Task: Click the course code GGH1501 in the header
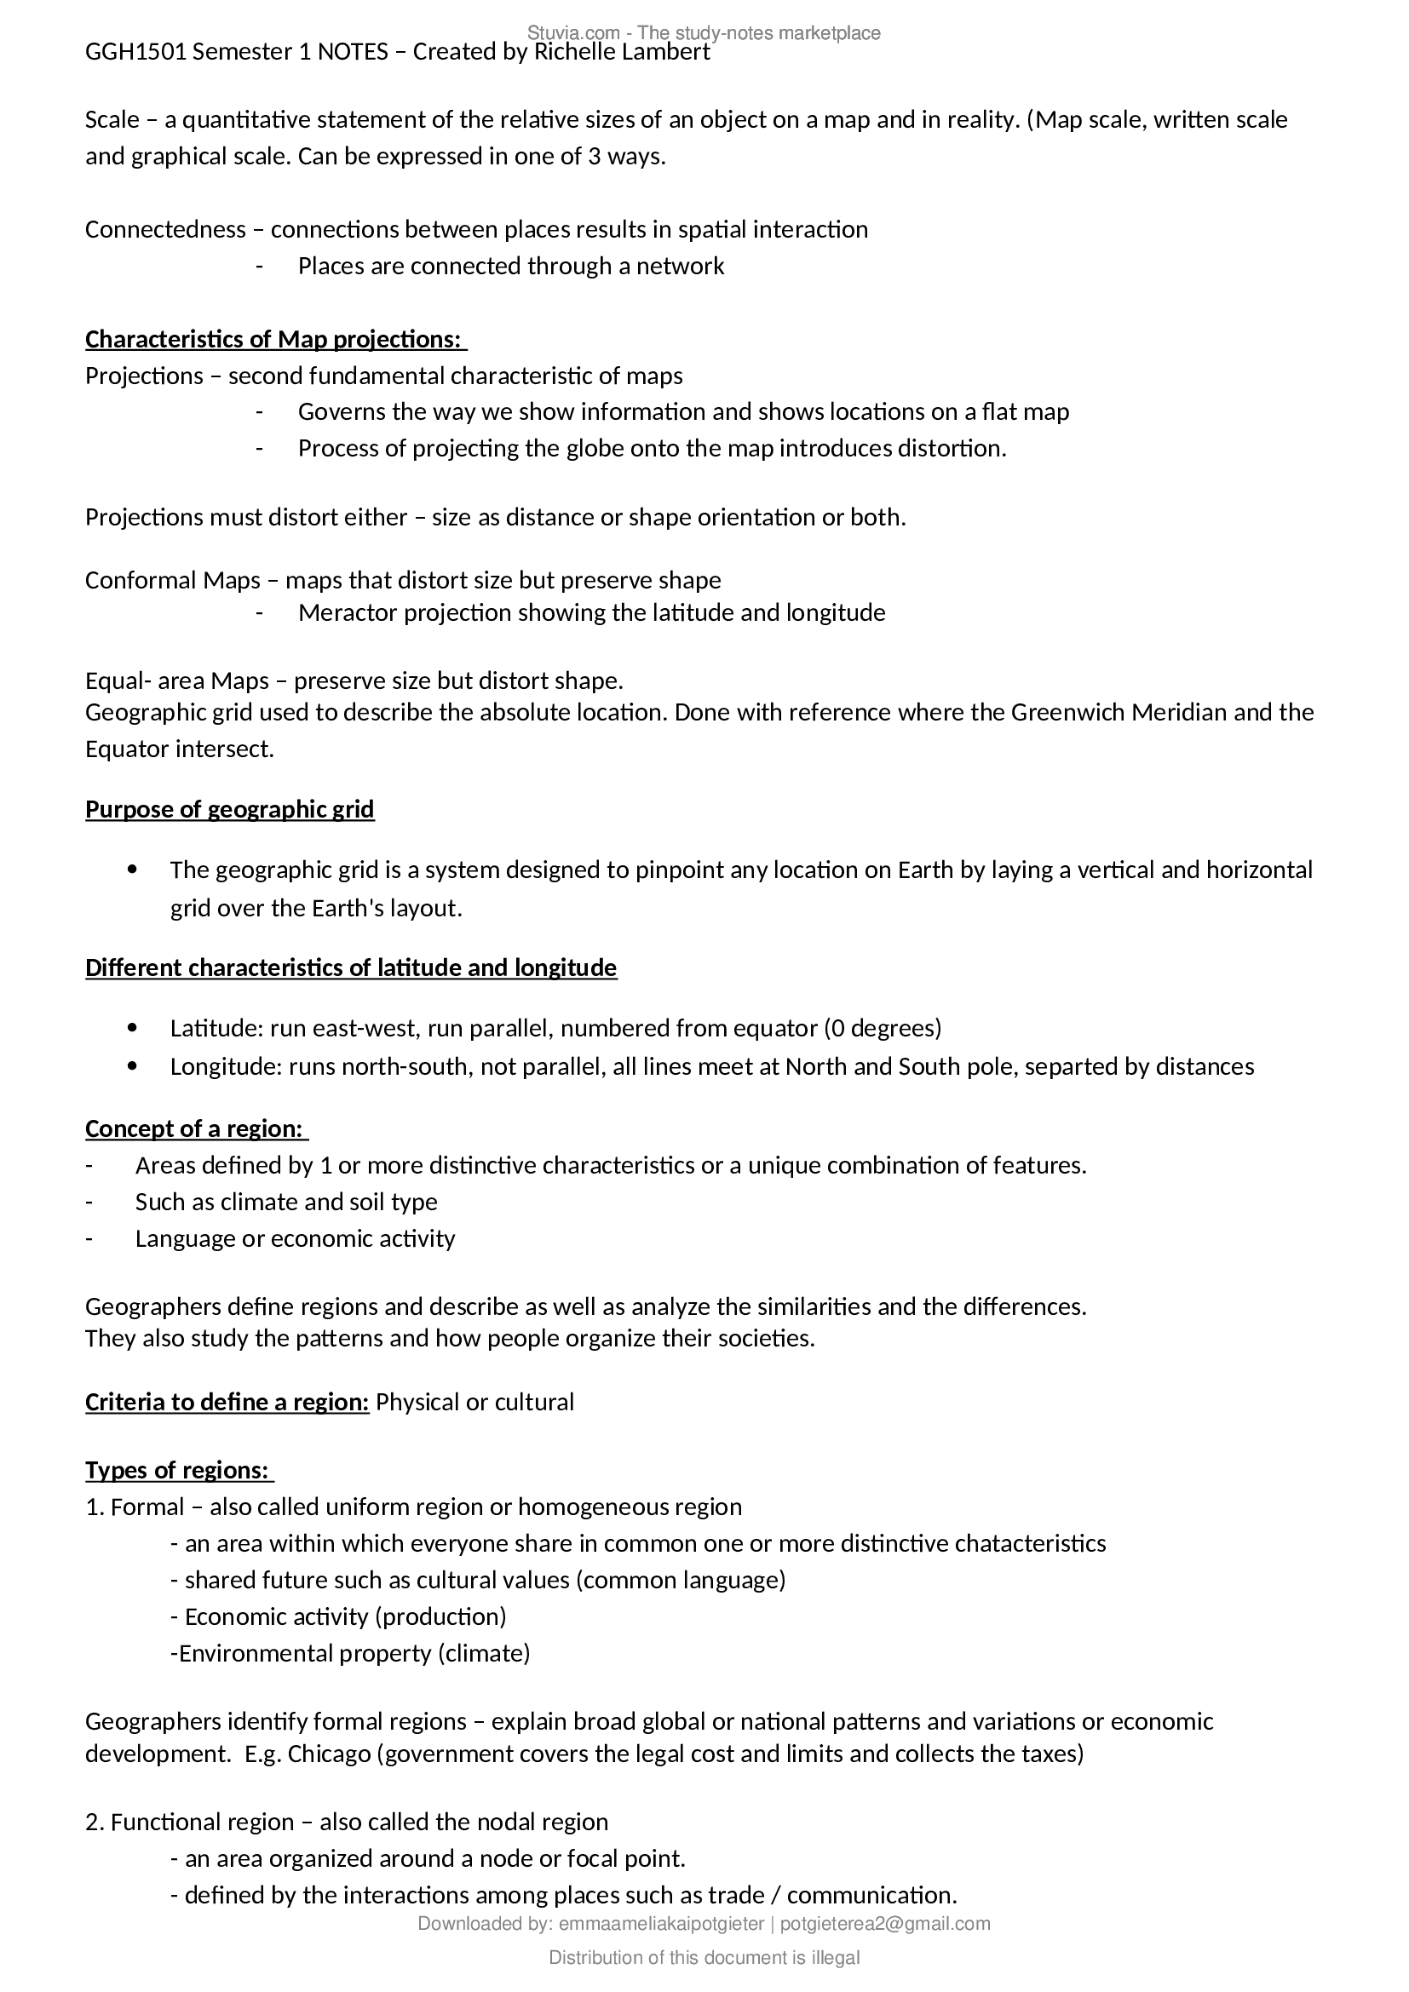click(x=136, y=52)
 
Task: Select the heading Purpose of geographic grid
click(x=230, y=809)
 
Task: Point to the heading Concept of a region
click(x=194, y=1128)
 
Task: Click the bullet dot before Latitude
click(x=133, y=1028)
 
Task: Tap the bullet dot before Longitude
click(x=133, y=1066)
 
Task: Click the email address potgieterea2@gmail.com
click(x=885, y=1925)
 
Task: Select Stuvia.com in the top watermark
click(x=573, y=33)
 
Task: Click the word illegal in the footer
click(x=836, y=1958)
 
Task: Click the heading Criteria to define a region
click(x=227, y=1403)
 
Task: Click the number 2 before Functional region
click(x=91, y=1822)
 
